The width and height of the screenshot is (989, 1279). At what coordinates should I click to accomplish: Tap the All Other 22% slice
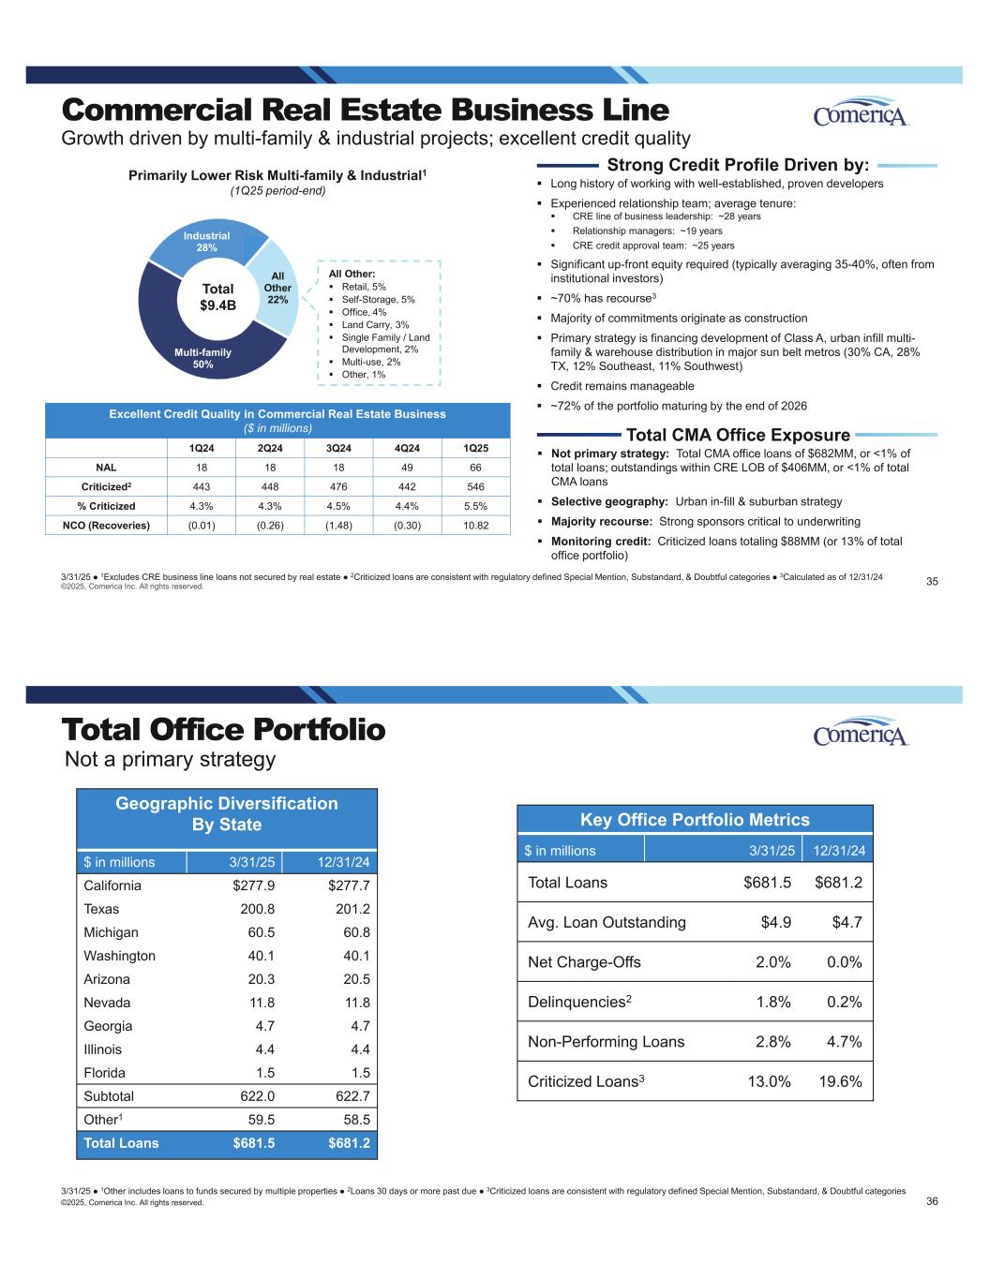277,287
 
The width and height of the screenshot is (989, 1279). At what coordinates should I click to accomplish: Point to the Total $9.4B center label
217,297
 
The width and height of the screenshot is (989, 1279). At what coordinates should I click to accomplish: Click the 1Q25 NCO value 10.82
476,525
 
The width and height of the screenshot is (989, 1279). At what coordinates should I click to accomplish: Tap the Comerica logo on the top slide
861,113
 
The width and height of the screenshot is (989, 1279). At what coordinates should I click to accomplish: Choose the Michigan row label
111,932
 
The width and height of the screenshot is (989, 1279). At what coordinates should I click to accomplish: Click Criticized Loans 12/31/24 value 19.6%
840,1081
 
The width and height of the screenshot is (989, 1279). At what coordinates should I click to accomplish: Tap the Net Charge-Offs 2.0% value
772,962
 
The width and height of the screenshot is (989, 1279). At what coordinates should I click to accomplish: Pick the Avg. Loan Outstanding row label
607,922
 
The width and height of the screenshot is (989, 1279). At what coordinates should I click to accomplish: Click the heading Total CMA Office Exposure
737,435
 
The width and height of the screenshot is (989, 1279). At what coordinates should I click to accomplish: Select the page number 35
932,582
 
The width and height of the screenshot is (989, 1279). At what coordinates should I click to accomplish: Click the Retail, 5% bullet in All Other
364,287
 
